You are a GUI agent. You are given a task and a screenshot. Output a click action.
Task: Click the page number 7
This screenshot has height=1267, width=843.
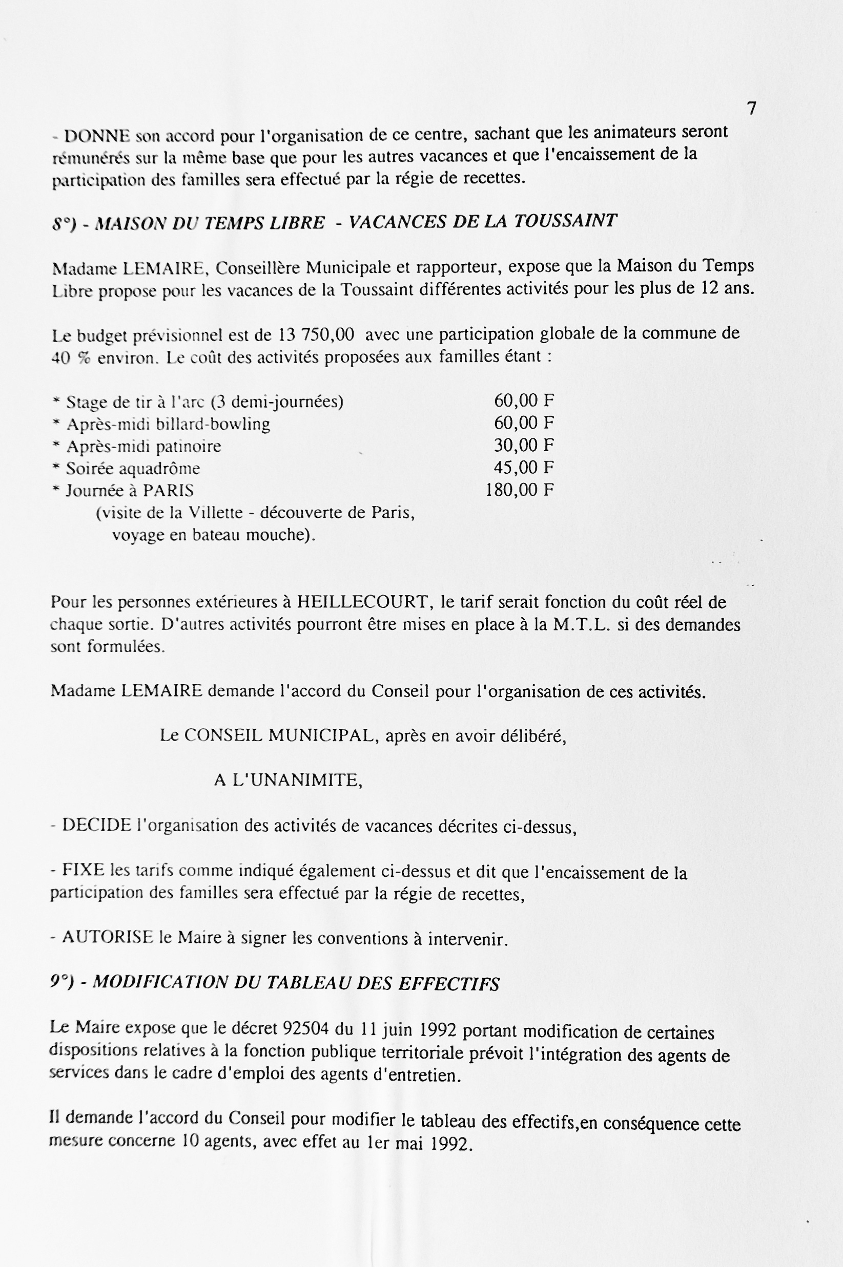tap(752, 109)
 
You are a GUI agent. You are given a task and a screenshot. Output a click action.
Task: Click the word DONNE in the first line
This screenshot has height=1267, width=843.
tap(97, 136)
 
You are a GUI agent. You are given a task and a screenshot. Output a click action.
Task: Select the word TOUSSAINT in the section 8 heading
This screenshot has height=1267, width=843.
tap(565, 221)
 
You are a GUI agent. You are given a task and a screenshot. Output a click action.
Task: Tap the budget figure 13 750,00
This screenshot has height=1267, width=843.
tap(316, 335)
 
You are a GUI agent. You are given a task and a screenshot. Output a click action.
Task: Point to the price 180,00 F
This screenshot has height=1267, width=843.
tap(519, 490)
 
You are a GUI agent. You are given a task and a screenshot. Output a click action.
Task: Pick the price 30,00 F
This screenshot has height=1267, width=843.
tap(524, 446)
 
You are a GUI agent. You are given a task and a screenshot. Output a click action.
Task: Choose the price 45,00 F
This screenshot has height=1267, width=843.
tap(524, 468)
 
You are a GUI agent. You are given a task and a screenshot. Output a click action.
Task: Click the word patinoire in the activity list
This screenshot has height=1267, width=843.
tap(188, 447)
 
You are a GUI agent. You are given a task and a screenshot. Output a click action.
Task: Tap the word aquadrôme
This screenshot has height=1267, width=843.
tap(160, 469)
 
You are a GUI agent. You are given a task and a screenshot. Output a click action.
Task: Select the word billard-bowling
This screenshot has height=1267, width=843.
tap(213, 425)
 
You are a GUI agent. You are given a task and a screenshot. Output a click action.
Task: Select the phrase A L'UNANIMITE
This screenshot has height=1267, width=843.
tap(288, 779)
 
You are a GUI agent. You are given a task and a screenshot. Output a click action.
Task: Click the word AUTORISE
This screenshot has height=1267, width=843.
tap(108, 937)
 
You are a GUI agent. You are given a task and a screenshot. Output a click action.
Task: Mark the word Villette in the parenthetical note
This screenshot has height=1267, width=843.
tap(216, 513)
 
